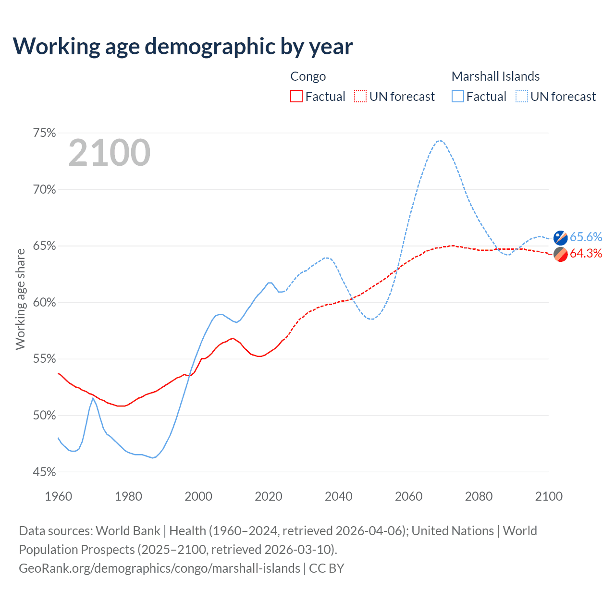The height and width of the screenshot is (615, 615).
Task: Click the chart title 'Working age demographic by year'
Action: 183,46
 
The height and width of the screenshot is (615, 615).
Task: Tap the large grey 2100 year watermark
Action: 110,153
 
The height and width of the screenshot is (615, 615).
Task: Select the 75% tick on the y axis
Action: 45,133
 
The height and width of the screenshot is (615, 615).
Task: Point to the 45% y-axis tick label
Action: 45,472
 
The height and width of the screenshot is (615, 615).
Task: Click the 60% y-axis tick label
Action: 45,303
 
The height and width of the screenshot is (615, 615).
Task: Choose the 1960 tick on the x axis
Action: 58,496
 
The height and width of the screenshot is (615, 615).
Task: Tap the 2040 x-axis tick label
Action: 339,496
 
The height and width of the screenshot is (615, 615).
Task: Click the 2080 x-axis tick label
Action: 479,496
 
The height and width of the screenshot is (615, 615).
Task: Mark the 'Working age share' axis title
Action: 20,299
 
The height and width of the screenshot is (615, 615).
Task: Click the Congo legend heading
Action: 308,76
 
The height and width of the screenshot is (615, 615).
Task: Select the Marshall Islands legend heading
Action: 495,76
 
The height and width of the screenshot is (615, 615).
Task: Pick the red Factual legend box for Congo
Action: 296,97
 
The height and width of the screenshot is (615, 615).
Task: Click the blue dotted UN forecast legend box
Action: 522,97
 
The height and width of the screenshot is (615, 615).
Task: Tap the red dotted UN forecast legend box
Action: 360,97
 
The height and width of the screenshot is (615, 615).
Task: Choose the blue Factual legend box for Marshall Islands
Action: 458,97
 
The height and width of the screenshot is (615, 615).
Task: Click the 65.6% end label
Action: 586,237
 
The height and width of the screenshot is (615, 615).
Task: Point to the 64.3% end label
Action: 586,254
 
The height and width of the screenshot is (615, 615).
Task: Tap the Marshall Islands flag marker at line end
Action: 560,237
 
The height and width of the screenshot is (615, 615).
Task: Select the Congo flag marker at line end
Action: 560,254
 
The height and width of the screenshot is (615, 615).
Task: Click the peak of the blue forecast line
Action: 439,140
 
